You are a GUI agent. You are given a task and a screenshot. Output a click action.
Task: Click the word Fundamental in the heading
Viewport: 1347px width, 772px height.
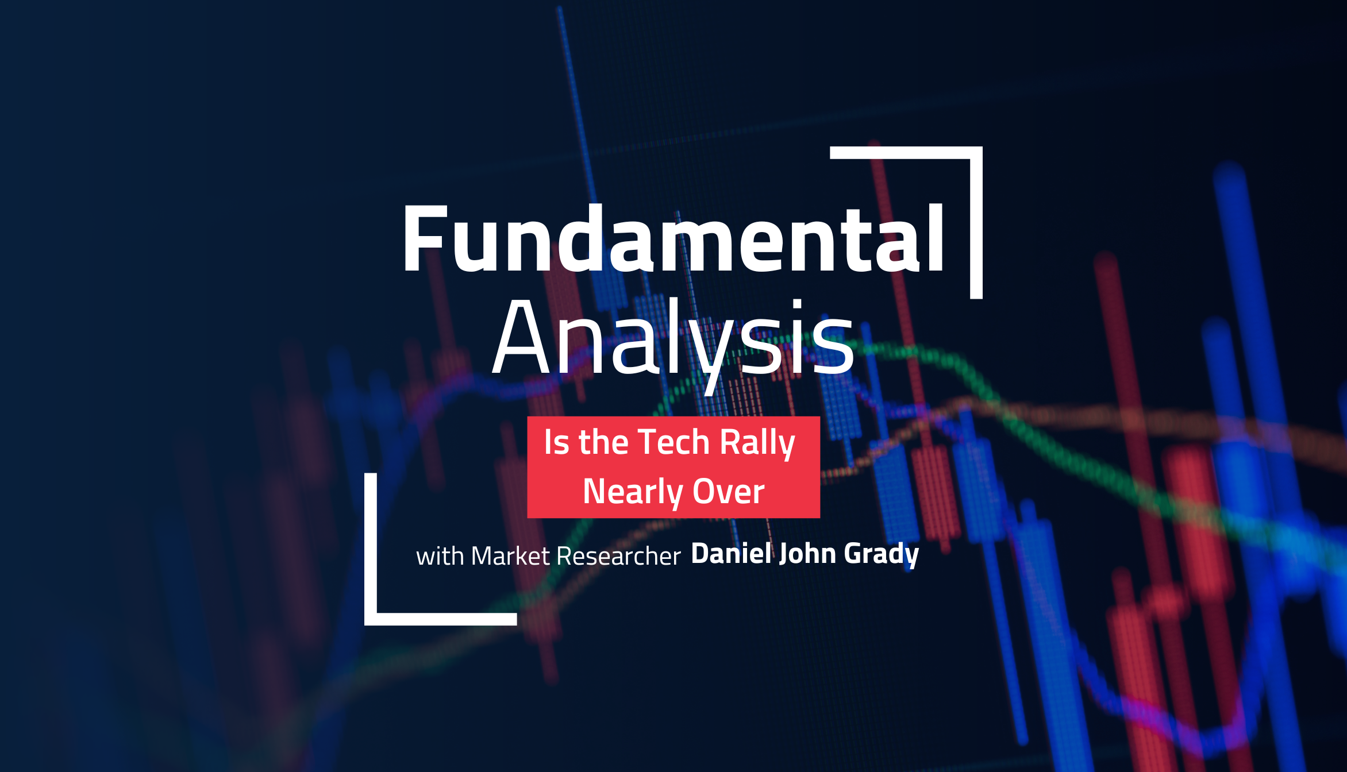tap(672, 238)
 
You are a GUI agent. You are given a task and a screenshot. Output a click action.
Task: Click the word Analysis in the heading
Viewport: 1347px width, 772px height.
tap(672, 339)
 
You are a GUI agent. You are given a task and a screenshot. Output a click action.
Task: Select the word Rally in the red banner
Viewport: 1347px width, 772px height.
tap(757, 443)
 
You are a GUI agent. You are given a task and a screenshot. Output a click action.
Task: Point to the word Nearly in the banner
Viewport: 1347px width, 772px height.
tap(632, 492)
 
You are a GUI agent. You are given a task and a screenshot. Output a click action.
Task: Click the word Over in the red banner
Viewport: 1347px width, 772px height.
tap(728, 492)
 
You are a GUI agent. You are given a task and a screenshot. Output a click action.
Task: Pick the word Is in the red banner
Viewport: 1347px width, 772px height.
tap(556, 442)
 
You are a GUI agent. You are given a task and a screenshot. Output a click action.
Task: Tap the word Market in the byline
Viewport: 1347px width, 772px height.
tap(510, 556)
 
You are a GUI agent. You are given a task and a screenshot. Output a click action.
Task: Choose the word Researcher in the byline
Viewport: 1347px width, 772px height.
tap(618, 556)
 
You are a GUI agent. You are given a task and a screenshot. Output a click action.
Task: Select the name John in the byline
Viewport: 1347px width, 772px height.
tap(807, 553)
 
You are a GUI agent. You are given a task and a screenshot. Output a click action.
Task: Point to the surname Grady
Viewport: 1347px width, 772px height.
tap(882, 554)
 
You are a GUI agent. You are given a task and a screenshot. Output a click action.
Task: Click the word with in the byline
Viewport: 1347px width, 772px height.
tap(440, 556)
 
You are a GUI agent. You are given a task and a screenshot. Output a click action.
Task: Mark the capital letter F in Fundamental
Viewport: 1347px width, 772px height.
tap(424, 238)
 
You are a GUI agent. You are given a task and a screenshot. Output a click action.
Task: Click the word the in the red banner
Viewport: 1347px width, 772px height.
tap(603, 442)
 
